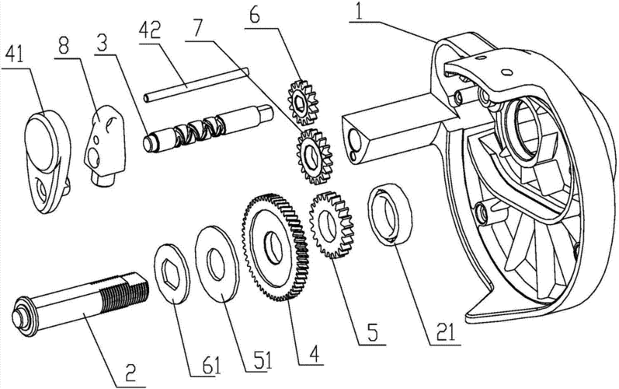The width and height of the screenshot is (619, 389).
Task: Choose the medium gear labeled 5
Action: [332, 226]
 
